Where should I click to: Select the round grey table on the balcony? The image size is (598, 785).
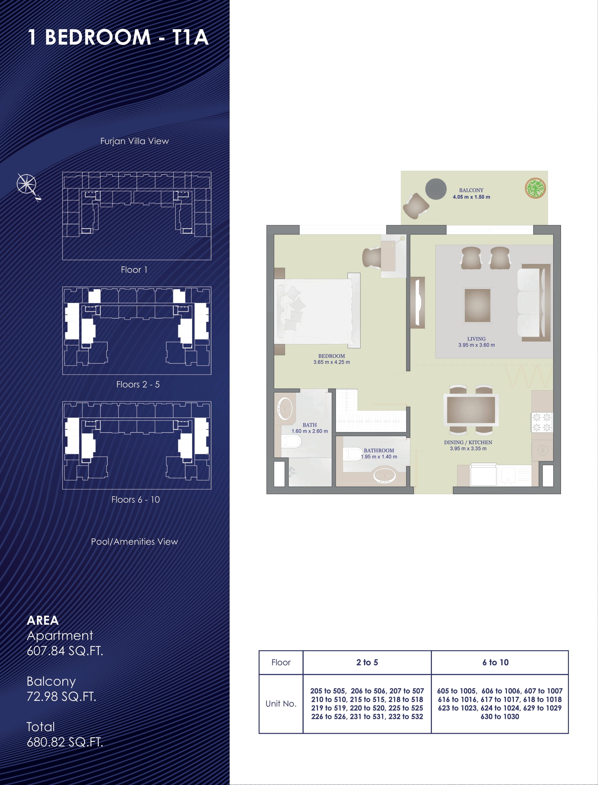click(x=436, y=189)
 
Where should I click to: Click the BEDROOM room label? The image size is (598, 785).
click(x=331, y=356)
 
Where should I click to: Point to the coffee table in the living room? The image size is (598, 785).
click(x=477, y=305)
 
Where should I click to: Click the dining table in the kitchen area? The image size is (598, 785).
click(x=471, y=409)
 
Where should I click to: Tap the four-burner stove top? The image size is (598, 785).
click(x=542, y=422)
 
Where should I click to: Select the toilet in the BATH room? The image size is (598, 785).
click(x=291, y=441)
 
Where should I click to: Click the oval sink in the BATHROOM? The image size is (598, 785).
click(x=384, y=476)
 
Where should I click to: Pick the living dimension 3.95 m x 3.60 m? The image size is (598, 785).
click(x=476, y=345)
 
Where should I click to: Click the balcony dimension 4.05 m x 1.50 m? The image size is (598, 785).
click(x=471, y=197)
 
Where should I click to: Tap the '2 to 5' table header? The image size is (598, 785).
click(x=367, y=662)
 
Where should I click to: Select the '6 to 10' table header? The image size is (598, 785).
click(x=495, y=662)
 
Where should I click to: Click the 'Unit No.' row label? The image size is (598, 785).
click(x=281, y=703)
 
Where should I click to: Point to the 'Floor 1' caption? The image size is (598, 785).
click(x=134, y=270)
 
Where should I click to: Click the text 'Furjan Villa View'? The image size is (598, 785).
click(x=134, y=141)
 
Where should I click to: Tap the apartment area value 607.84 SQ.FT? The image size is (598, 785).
click(x=65, y=651)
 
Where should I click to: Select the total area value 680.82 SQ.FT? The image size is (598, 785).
click(x=65, y=742)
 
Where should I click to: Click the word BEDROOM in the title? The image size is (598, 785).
click(x=98, y=37)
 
